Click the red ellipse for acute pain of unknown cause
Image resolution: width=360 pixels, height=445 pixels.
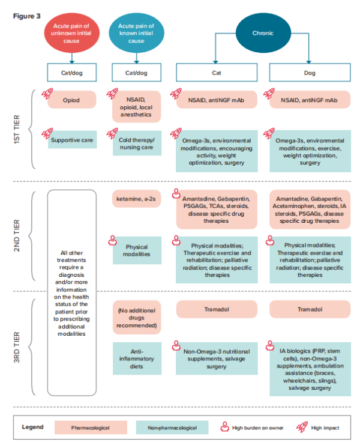(71, 33)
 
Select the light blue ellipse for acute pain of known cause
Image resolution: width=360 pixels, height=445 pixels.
(136, 33)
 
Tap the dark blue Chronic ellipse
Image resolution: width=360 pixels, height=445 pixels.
(263, 33)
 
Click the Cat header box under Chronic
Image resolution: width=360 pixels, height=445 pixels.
(217, 73)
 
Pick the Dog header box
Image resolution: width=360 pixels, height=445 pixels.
(310, 73)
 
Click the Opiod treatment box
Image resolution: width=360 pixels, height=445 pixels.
(72, 100)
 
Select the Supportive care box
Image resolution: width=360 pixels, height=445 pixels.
(72, 140)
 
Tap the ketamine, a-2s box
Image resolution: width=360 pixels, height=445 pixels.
(137, 199)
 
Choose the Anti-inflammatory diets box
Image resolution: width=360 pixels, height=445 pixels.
(137, 359)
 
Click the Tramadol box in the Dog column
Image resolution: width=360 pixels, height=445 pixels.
(310, 309)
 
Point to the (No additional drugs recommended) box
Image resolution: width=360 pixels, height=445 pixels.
(137, 318)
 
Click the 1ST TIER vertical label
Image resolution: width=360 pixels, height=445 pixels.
(17, 129)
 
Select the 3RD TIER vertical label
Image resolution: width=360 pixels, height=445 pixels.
(17, 347)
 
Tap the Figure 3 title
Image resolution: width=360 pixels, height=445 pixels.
(27, 16)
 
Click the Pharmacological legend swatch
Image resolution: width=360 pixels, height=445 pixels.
(91, 428)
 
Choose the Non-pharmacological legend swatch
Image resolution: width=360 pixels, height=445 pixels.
(172, 428)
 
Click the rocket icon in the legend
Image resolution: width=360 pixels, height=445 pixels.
(302, 427)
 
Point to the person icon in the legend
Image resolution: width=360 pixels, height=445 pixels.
(225, 426)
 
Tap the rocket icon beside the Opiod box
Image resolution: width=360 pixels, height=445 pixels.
(47, 93)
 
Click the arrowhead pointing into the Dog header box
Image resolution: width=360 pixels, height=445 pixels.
(308, 62)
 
